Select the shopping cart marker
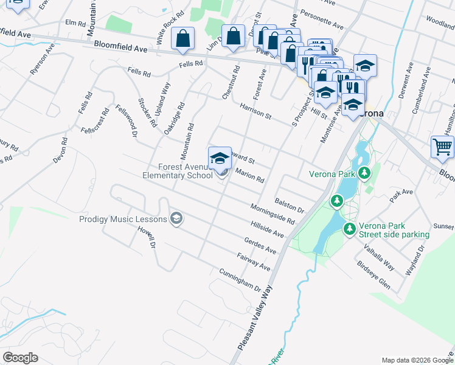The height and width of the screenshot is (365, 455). coord(442,147)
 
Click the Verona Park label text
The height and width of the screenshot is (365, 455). coord(332,174)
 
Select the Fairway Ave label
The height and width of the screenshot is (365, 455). coord(252,262)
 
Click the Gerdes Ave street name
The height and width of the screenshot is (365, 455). coord(259,246)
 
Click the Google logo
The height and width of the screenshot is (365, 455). coord(21,358)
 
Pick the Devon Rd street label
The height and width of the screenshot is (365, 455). coord(60,148)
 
